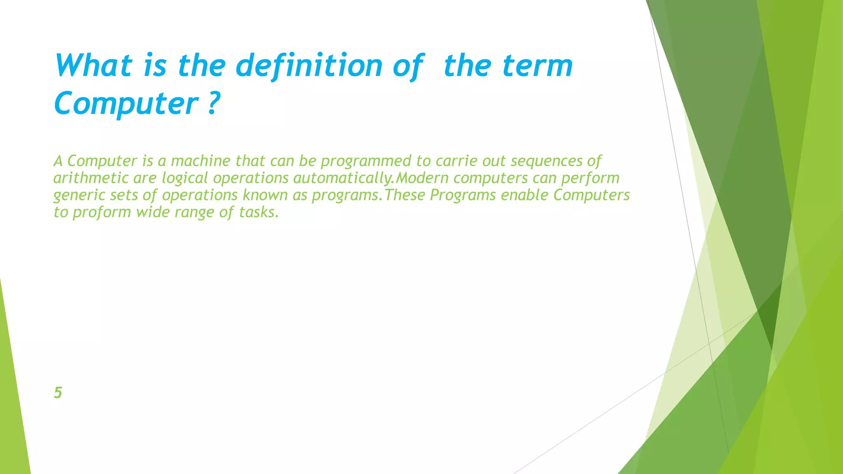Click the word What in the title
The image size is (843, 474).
[93, 66]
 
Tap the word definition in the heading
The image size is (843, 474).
[309, 66]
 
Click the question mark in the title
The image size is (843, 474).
[212, 103]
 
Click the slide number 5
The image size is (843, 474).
[58, 393]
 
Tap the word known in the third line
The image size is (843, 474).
[265, 195]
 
